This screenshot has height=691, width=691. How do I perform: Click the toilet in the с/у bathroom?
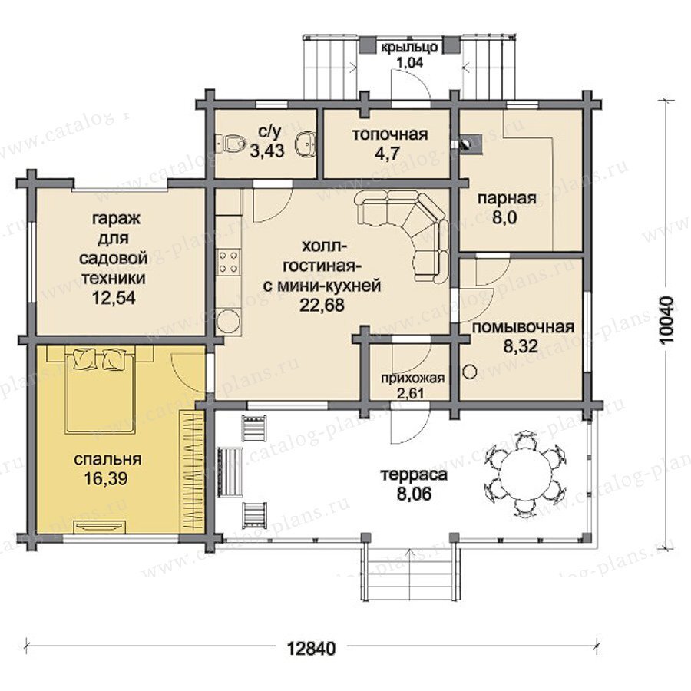point(230,142)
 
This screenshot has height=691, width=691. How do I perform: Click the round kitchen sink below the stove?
point(229,321)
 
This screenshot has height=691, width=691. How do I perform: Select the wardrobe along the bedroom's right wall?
point(193,471)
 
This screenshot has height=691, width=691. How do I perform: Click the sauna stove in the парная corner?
point(470,144)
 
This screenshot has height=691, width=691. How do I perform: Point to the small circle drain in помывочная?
point(470,371)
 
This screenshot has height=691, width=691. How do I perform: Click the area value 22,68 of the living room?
point(322,305)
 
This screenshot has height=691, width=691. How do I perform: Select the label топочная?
point(389,134)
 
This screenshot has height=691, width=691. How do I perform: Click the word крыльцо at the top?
point(409,47)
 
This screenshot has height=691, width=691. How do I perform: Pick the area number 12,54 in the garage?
point(114,298)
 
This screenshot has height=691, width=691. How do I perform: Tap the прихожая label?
point(413,378)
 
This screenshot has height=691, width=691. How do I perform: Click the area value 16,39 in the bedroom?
point(106,478)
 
